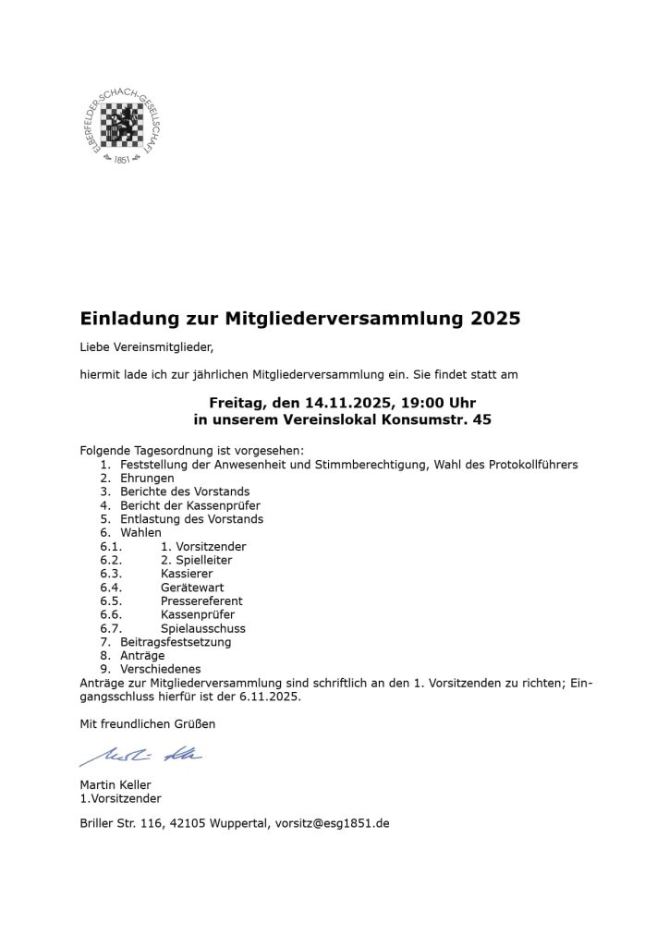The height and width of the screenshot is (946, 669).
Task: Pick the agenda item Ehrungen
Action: [x=147, y=479]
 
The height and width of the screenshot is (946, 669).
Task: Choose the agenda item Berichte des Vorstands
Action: [x=185, y=491]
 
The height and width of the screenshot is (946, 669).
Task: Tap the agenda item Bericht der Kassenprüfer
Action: [x=190, y=505]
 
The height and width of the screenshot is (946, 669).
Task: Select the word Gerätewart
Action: [x=192, y=588]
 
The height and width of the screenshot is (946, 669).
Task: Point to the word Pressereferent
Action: [x=201, y=601]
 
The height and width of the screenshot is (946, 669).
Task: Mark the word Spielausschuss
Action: [x=203, y=628]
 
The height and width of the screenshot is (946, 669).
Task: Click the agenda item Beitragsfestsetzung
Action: [x=176, y=642]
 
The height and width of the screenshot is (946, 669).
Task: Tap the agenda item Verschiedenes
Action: [x=161, y=669]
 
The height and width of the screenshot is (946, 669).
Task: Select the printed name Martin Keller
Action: [x=116, y=785]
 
